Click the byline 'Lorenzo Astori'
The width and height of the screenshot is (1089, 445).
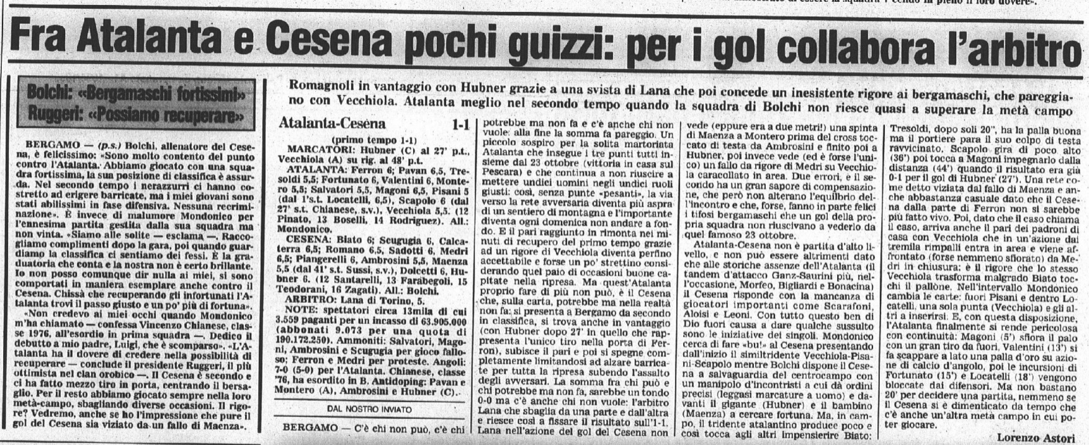1037,438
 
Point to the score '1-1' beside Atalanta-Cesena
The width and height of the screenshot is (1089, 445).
461,124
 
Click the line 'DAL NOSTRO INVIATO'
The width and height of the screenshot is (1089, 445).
370,408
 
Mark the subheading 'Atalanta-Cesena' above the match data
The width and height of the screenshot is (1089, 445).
333,124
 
